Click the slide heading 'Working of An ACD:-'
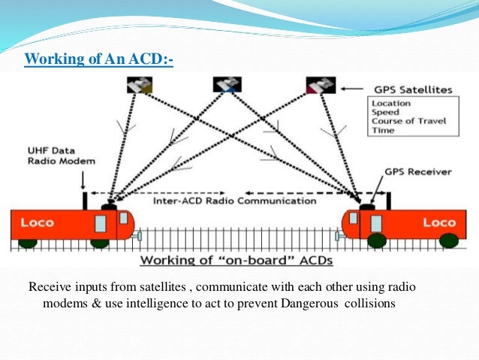click(98, 59)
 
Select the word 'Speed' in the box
click(385, 112)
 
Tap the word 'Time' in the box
click(382, 130)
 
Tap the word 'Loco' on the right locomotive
click(439, 223)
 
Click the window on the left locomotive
click(101, 221)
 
